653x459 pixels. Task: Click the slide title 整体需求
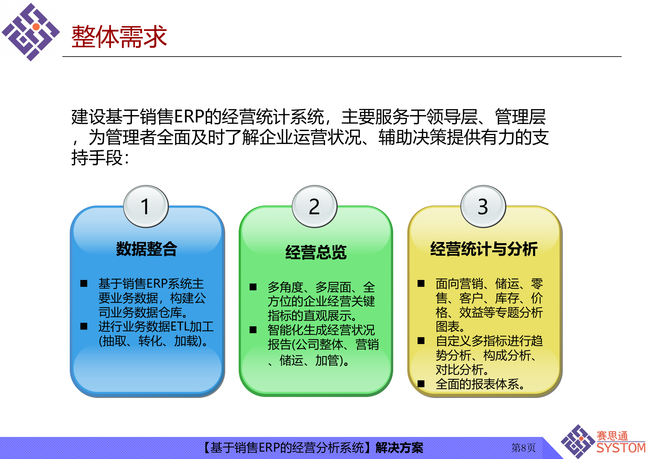(x=119, y=37)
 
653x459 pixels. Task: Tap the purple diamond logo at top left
(x=31, y=32)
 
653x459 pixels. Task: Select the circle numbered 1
(x=146, y=206)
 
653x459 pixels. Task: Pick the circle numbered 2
(x=314, y=206)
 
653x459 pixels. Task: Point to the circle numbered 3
(x=483, y=206)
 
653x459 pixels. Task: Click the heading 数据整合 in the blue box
(x=146, y=249)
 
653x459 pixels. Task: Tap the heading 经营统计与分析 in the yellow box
(x=484, y=249)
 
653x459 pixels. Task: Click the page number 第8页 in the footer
(x=523, y=447)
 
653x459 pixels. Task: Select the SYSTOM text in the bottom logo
(x=621, y=448)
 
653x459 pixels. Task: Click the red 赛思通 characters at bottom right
(x=612, y=436)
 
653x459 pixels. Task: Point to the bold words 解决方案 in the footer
(x=399, y=448)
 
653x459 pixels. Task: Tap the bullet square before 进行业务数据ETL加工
(x=84, y=326)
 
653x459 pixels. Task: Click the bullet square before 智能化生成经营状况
(x=253, y=330)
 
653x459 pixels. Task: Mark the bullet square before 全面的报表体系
(x=421, y=384)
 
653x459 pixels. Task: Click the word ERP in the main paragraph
(x=189, y=117)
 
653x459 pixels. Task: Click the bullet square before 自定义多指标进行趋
(x=421, y=341)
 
